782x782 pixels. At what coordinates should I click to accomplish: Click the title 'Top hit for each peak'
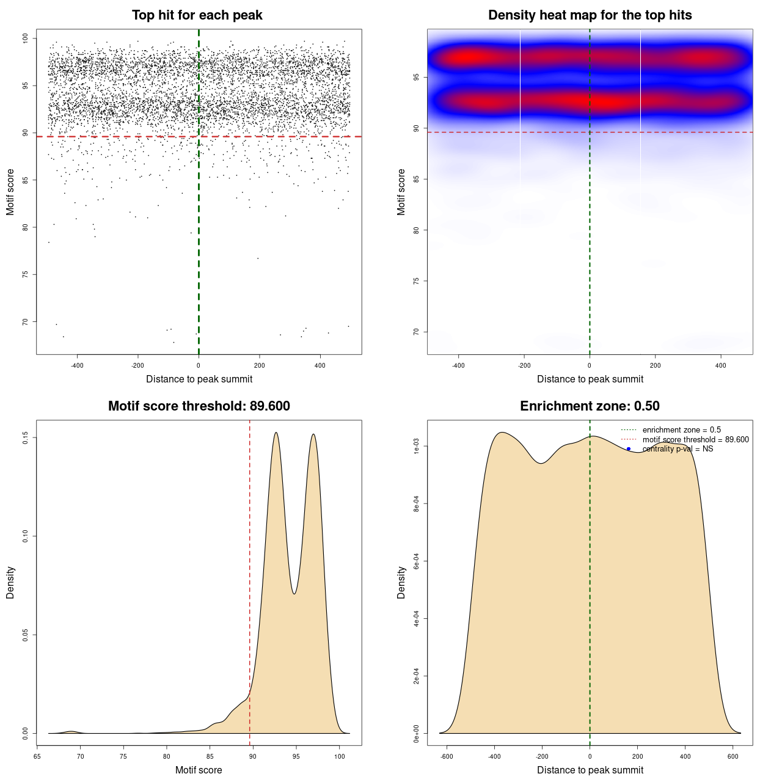coord(197,15)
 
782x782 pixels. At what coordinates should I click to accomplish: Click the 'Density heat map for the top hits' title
coord(590,15)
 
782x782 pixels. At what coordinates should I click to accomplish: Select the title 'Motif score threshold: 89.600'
coord(199,406)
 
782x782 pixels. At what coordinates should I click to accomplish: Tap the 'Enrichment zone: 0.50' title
coord(590,406)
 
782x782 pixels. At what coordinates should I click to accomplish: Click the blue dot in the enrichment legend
coord(629,449)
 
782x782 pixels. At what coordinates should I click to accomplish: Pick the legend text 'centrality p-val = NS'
coord(678,449)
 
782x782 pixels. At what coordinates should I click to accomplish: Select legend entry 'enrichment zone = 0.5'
coord(681,430)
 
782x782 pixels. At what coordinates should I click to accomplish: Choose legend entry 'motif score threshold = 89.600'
coord(695,440)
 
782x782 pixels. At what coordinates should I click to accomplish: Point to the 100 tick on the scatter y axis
coord(26,38)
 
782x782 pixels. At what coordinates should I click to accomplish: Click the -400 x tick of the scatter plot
coord(77,366)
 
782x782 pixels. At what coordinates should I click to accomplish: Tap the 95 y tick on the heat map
coord(417,78)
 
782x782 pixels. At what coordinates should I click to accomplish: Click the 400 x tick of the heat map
coord(721,366)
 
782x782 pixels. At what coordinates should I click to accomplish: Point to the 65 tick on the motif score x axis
coord(37,757)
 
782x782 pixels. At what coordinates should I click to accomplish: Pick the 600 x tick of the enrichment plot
coord(733,757)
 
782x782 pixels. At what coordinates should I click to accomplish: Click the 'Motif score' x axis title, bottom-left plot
coord(199,770)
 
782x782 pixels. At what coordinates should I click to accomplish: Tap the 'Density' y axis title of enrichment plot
coord(401,582)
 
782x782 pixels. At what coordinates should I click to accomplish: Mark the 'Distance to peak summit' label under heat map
coord(590,379)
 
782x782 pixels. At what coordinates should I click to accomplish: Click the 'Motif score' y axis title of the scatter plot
coord(10,192)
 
